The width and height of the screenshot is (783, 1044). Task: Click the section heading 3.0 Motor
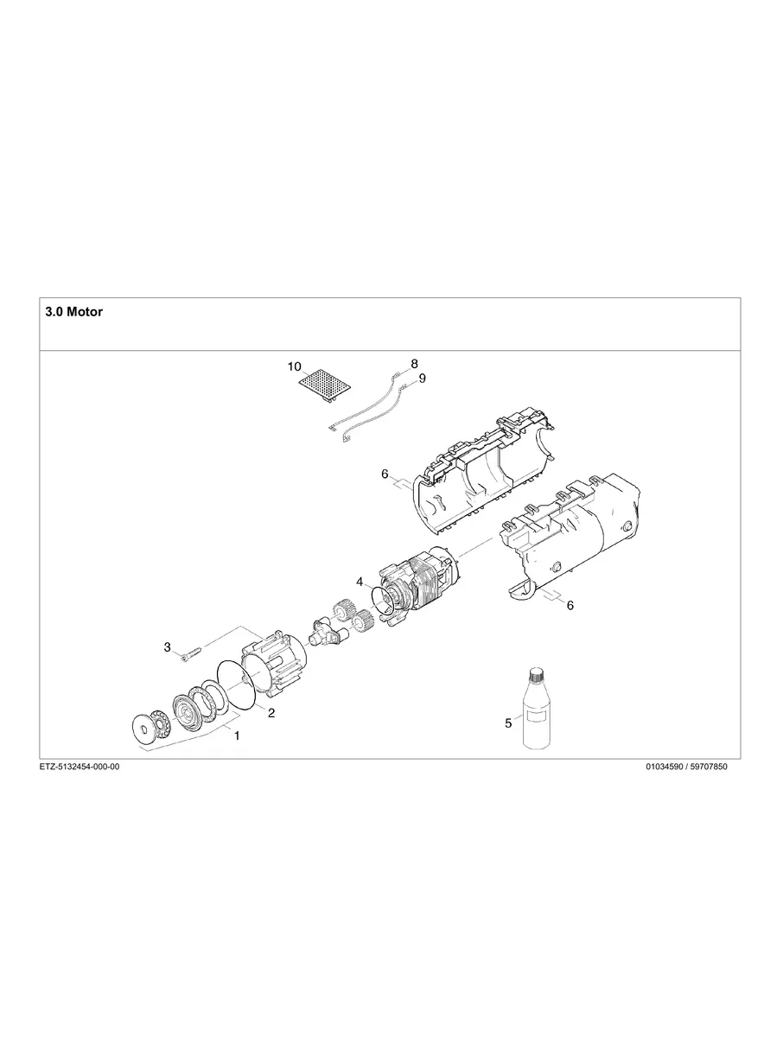[73, 312]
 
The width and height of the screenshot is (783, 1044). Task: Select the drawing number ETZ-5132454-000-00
[80, 767]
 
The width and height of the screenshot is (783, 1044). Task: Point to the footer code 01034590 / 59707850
[687, 767]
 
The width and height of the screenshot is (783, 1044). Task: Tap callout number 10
[295, 366]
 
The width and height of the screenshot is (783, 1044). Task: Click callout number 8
[414, 364]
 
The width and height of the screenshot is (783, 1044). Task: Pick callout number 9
[422, 379]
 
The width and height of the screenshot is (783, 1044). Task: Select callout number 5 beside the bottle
[508, 723]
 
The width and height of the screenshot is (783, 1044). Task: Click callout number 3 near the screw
[168, 647]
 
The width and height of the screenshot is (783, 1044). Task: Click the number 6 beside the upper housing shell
[385, 475]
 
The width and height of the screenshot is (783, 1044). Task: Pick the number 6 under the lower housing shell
[570, 606]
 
